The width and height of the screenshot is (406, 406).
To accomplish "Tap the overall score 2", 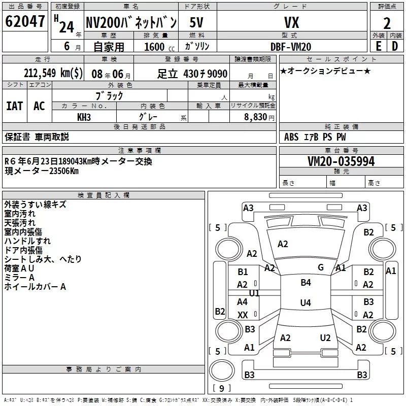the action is click(x=387, y=23).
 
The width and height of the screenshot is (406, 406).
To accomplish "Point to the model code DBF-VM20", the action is click(x=291, y=46).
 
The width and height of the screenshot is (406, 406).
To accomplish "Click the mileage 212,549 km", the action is click(x=53, y=73).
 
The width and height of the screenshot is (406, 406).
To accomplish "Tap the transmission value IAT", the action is click(x=14, y=106).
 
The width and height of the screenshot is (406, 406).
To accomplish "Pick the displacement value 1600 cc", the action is click(x=155, y=46).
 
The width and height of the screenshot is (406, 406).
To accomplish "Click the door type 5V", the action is click(x=197, y=23).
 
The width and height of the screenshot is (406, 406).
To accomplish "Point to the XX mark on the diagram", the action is click(x=243, y=315).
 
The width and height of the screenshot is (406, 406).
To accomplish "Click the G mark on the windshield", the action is click(x=321, y=267).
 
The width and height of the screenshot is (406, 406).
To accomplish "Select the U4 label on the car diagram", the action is click(x=306, y=303).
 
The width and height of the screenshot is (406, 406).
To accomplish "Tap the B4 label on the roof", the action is click(x=306, y=283).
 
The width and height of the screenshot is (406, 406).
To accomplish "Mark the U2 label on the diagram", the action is click(x=325, y=338).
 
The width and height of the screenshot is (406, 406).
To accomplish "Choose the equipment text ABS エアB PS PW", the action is click(x=315, y=137).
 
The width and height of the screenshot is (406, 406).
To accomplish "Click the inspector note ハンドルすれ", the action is click(x=27, y=241).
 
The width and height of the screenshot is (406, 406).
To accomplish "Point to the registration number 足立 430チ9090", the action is click(x=192, y=74).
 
